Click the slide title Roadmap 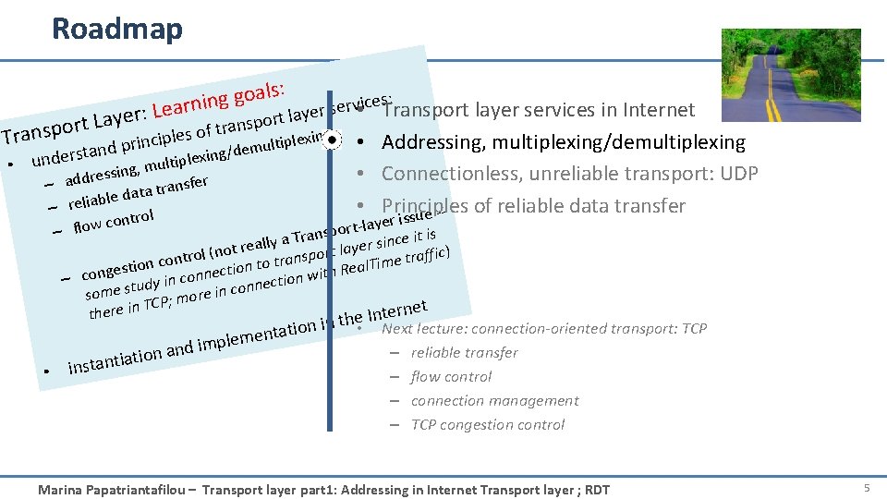(x=117, y=29)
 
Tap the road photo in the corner (x=790, y=75)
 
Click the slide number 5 (x=867, y=488)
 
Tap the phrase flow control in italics (x=451, y=376)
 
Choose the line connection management (x=494, y=400)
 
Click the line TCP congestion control (x=487, y=424)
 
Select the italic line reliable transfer (x=464, y=352)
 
